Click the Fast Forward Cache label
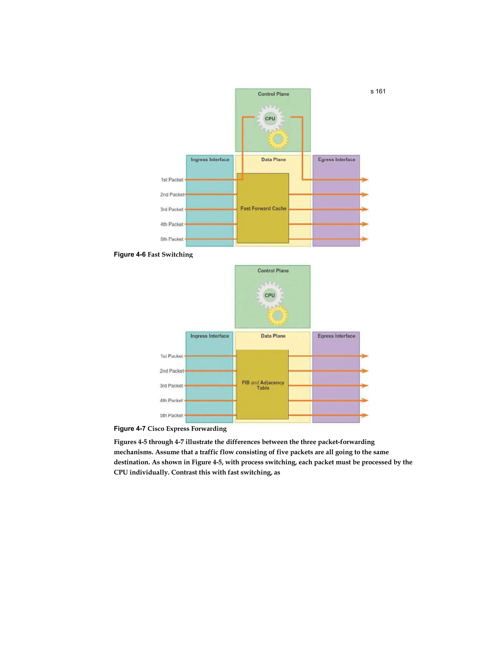(263, 208)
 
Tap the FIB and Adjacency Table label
(263, 385)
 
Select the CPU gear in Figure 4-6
(270, 118)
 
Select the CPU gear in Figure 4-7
(269, 295)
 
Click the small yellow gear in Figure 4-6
(278, 139)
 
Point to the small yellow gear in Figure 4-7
(278, 315)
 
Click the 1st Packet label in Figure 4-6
(172, 180)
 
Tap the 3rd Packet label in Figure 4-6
(172, 209)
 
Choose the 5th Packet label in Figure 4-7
(171, 415)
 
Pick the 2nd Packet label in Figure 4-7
(172, 371)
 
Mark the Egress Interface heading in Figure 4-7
(336, 336)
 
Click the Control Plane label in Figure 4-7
(273, 271)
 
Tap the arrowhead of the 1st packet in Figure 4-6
(365, 180)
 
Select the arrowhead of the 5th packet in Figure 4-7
(365, 415)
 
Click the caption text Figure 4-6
(130, 254)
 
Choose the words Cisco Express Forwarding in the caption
(187, 428)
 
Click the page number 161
(380, 91)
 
